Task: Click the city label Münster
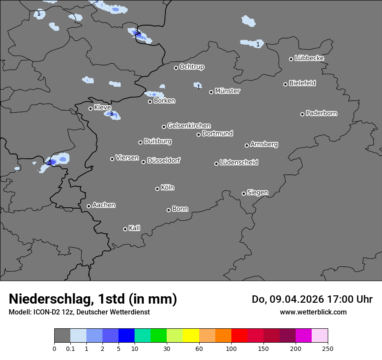(x=227, y=91)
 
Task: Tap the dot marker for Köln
(x=157, y=189)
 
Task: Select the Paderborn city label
(x=322, y=113)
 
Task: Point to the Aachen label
(x=104, y=205)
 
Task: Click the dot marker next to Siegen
(x=244, y=193)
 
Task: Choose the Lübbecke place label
(x=310, y=58)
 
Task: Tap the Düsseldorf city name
(x=164, y=160)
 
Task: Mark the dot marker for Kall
(x=125, y=229)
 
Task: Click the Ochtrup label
(x=192, y=67)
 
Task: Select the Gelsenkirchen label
(x=189, y=126)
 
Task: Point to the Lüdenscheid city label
(x=239, y=163)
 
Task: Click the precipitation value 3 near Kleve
(x=111, y=114)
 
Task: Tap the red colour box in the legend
(x=239, y=336)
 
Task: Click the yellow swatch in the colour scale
(x=191, y=336)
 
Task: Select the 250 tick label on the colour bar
(x=328, y=348)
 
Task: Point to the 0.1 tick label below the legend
(x=70, y=348)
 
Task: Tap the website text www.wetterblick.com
(x=313, y=312)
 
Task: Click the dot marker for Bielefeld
(x=286, y=84)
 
